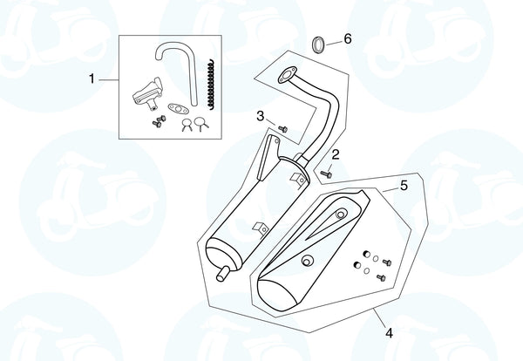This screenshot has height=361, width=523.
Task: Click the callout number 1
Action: coord(92,79)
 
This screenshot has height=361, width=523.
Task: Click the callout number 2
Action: coord(335,154)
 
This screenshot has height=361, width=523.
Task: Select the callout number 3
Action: coord(260,116)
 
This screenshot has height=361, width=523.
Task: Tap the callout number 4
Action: coord(388,332)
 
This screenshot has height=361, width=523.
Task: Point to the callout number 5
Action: coord(404,186)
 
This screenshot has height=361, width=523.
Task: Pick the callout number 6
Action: coord(347,39)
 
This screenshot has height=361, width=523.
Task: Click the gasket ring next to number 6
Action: coord(318,43)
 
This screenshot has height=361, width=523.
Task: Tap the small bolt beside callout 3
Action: coord(281,127)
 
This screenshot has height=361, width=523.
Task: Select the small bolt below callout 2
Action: coord(327,173)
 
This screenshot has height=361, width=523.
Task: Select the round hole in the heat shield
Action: coord(306,261)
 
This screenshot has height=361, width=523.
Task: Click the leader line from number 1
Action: coord(108,79)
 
